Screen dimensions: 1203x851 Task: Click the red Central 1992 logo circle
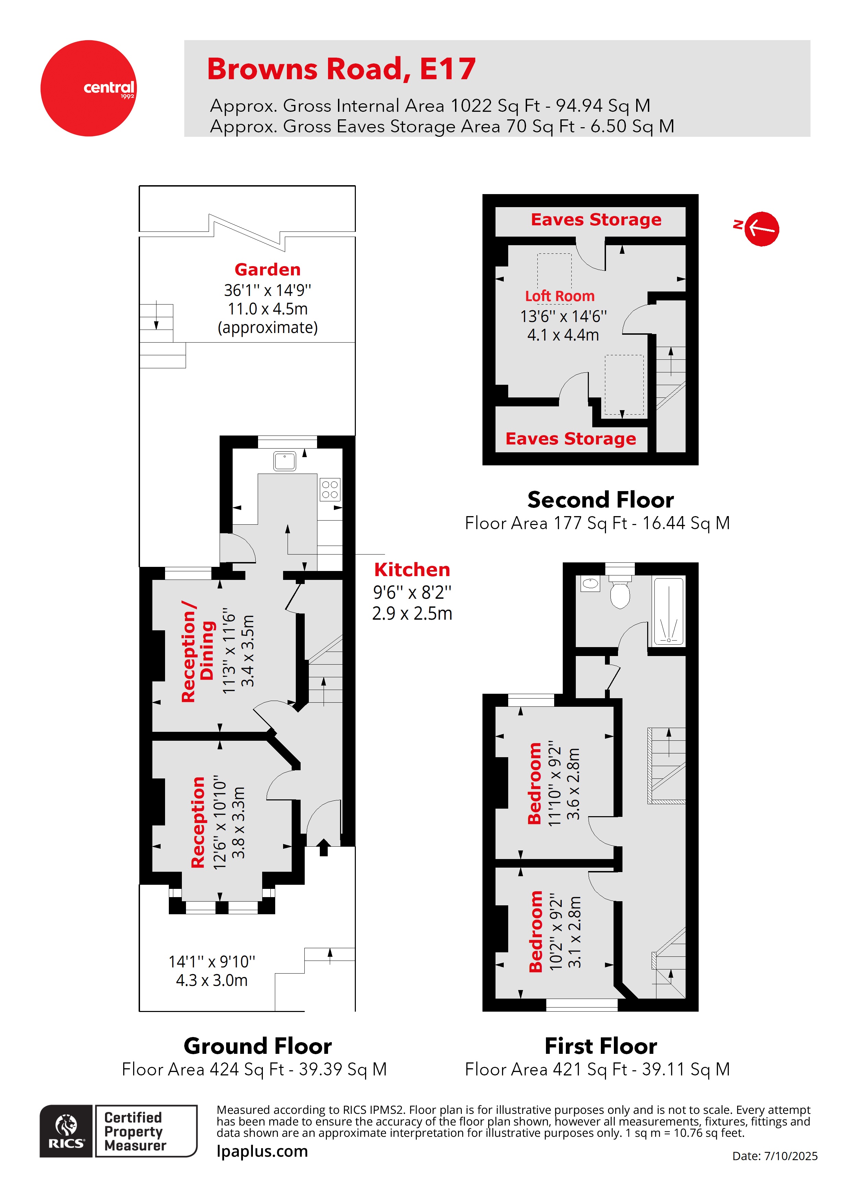pyautogui.click(x=88, y=88)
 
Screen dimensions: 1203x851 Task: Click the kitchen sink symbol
pyautogui.click(x=284, y=461)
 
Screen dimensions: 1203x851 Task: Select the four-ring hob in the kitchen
pyautogui.click(x=330, y=489)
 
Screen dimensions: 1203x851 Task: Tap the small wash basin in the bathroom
pyautogui.click(x=591, y=583)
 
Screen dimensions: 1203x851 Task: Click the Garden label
pyautogui.click(x=267, y=269)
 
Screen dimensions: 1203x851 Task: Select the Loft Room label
pyautogui.click(x=559, y=296)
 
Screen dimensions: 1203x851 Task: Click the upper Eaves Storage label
pyautogui.click(x=596, y=219)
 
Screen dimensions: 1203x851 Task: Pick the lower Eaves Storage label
pyautogui.click(x=571, y=439)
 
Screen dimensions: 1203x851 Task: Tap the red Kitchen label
pyautogui.click(x=412, y=570)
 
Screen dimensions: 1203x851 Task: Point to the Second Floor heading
pyautogui.click(x=601, y=500)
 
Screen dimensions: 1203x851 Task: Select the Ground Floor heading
pyautogui.click(x=257, y=1046)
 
